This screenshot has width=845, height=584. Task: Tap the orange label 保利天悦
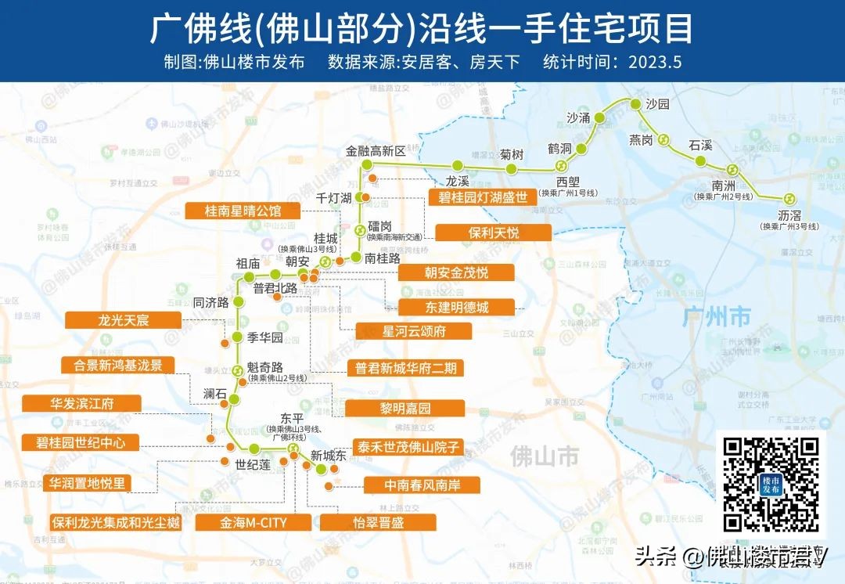493,233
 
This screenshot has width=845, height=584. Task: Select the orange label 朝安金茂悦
456,272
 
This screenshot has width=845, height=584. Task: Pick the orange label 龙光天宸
123,320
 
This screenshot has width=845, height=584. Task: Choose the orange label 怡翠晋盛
378,522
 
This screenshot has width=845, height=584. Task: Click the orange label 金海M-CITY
253,522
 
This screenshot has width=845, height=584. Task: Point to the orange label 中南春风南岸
422,485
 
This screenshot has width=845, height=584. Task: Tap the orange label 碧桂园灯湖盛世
483,196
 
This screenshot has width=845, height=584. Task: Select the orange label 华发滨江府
81,404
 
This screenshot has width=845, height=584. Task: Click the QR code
770,483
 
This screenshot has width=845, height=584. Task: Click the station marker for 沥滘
789,199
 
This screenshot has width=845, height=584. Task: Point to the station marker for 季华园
236,338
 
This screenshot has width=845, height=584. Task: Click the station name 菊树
512,154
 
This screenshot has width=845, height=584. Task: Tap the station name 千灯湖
333,198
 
